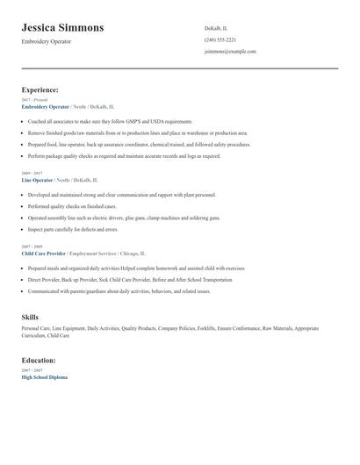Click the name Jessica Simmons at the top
click(x=62, y=28)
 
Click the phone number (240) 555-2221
click(x=220, y=39)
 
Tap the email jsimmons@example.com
click(x=230, y=51)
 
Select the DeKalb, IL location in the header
click(x=216, y=28)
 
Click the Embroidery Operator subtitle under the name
click(x=47, y=41)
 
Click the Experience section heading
click(x=40, y=89)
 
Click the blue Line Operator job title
click(x=38, y=179)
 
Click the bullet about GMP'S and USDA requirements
click(x=110, y=121)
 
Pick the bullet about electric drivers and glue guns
click(x=124, y=217)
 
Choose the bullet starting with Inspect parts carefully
click(x=73, y=229)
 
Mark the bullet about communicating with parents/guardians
click(x=119, y=290)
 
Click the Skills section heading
click(x=30, y=316)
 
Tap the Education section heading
click(x=39, y=360)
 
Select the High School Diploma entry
click(x=44, y=376)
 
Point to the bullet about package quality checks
click(x=124, y=155)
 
